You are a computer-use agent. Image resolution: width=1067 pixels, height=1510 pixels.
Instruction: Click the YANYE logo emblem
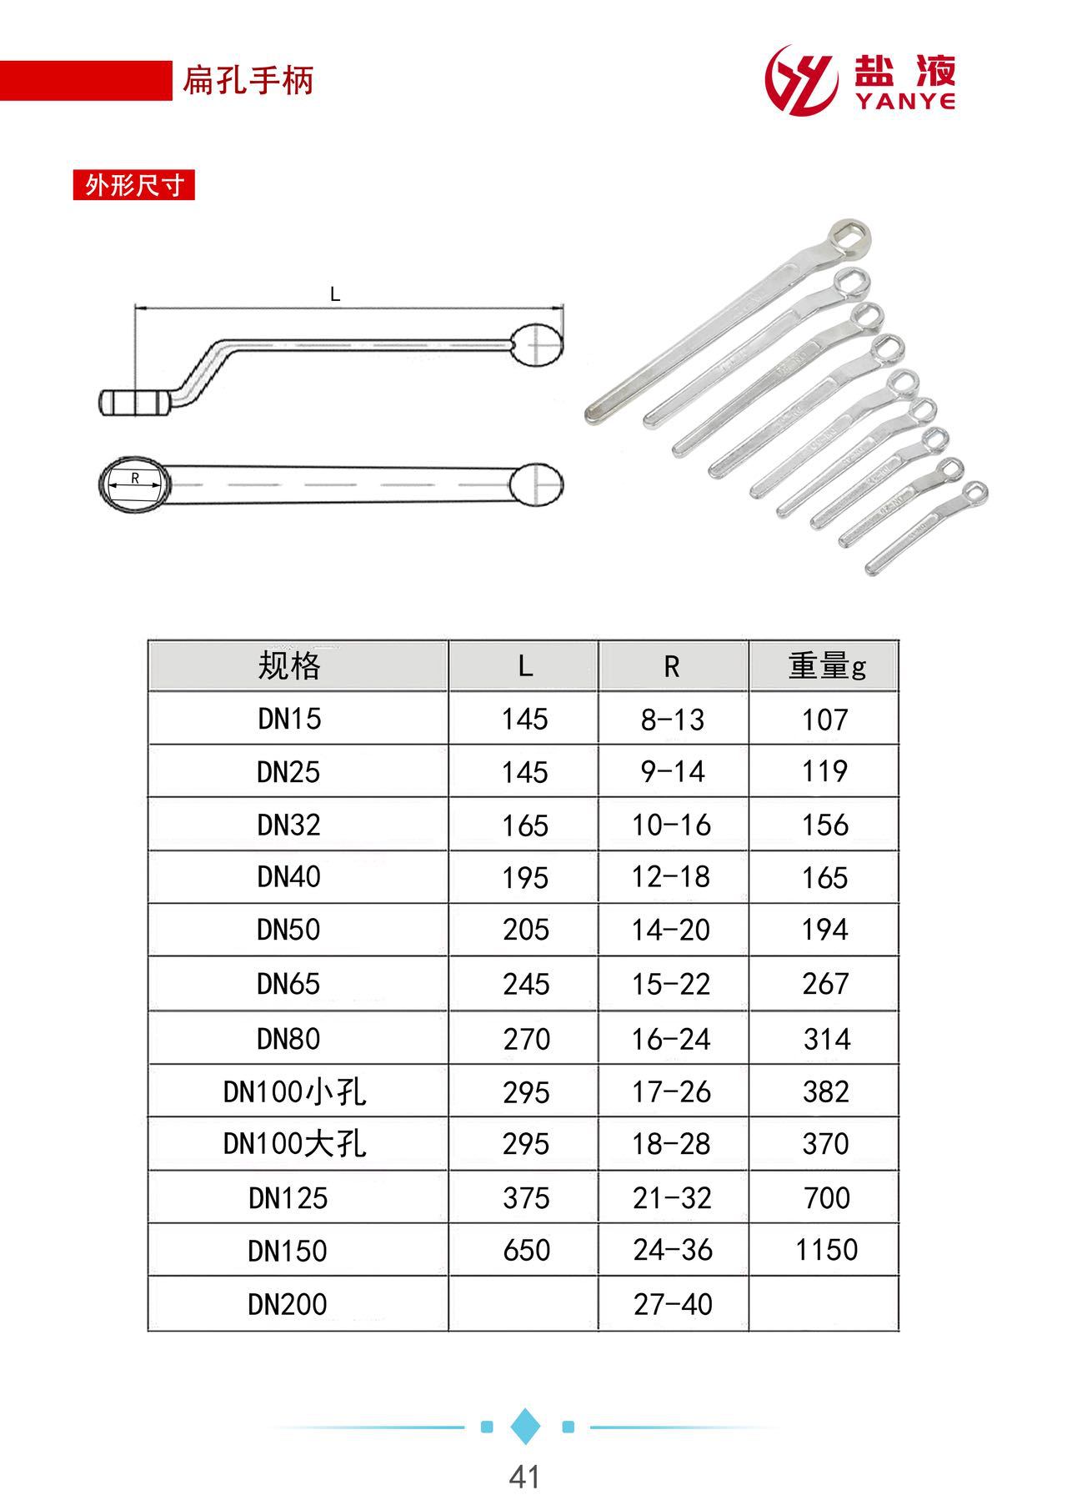coord(801,81)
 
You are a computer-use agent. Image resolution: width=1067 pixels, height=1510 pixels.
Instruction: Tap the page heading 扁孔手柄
coord(248,81)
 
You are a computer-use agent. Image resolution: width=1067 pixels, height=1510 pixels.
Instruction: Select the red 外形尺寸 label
coord(134,185)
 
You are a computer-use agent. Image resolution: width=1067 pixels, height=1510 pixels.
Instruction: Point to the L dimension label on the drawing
coord(335,294)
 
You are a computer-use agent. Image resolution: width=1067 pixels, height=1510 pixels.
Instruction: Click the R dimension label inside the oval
coord(134,479)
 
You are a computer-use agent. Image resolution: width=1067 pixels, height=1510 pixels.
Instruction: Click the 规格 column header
coord(289,666)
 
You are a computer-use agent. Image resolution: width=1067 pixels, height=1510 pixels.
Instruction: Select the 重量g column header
coord(827,666)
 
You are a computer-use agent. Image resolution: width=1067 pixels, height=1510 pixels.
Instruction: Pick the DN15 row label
coord(289,719)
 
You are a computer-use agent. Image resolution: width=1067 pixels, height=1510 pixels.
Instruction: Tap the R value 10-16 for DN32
coord(672,825)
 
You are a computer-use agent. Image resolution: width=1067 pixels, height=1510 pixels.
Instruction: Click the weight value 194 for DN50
coord(825,930)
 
